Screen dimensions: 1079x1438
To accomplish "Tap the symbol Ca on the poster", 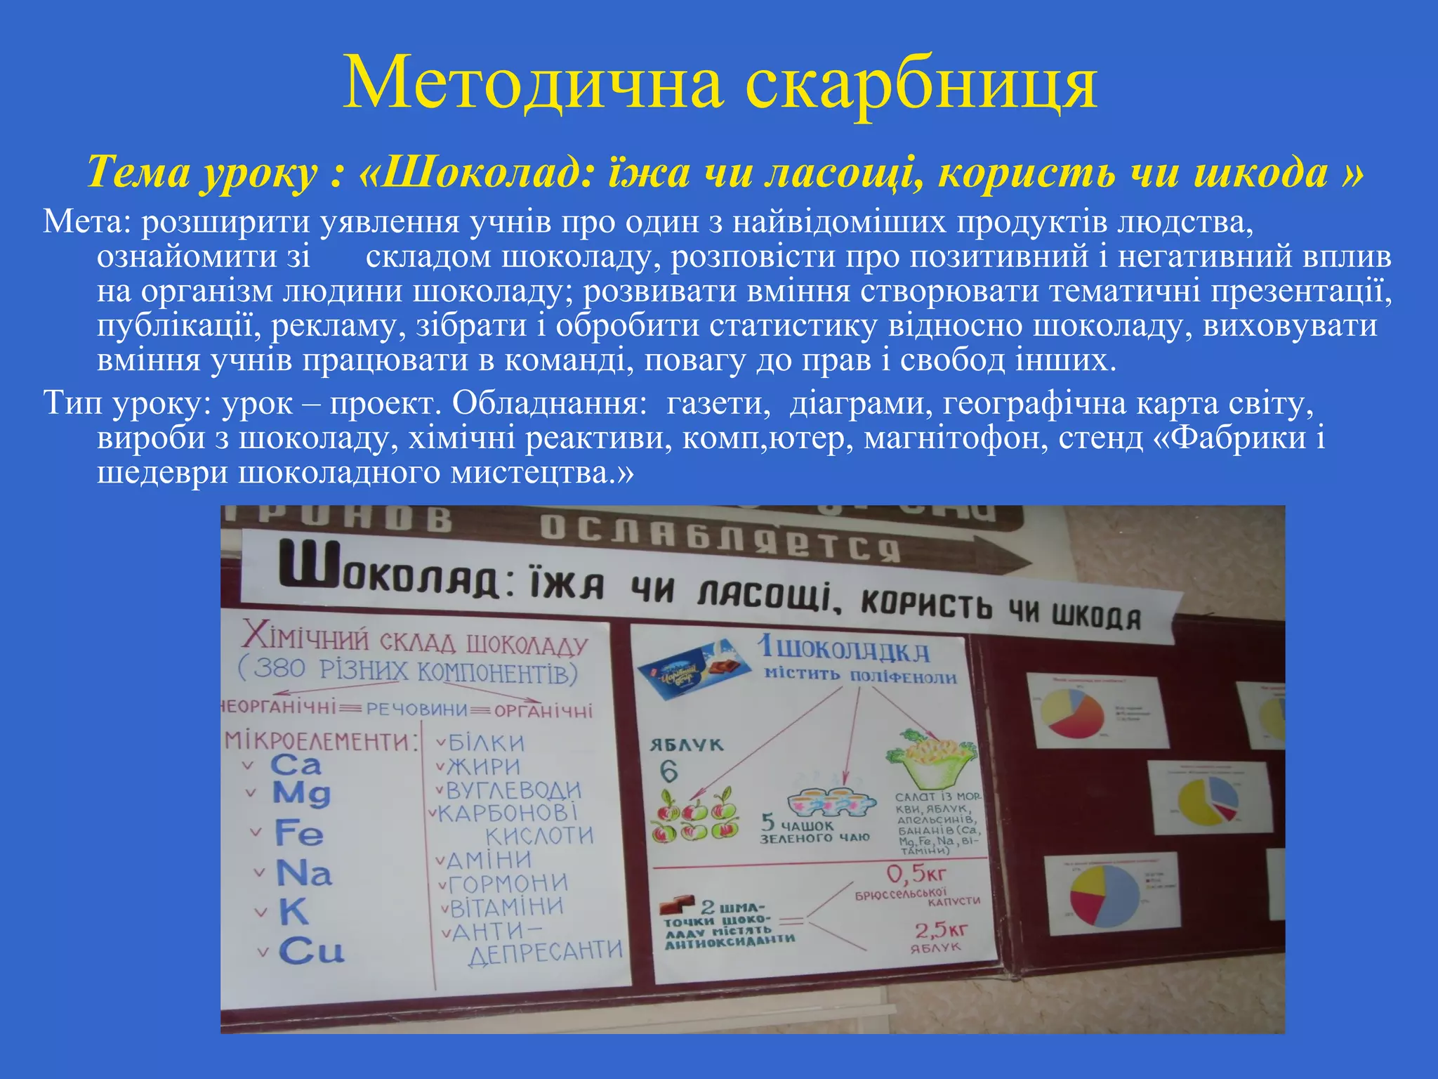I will coord(296,765).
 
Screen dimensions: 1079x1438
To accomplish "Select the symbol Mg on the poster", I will coord(301,794).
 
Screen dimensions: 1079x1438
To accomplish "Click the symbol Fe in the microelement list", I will coord(299,834).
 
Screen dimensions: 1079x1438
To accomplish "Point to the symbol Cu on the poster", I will coord(311,952).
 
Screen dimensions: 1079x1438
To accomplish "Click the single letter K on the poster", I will coord(293,913).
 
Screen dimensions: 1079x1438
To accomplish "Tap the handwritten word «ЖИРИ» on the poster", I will coord(484,766).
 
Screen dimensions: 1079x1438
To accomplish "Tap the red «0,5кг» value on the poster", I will coord(916,875).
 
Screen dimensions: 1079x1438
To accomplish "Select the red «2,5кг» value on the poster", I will coord(941,931).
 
